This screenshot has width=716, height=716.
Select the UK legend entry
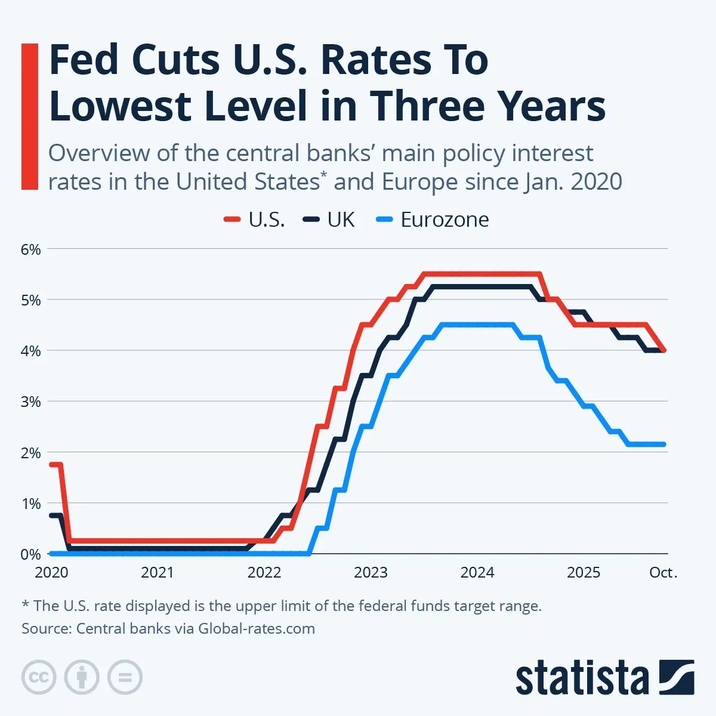[329, 220]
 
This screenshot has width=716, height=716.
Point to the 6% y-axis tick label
[30, 249]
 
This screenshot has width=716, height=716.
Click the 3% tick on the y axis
[30, 402]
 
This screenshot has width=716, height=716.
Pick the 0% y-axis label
[30, 554]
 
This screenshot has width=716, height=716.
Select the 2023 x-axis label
[371, 573]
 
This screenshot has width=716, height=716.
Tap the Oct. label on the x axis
[663, 573]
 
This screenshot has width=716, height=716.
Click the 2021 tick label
[157, 573]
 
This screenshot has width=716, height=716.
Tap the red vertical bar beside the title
[29, 116]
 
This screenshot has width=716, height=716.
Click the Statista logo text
[582, 679]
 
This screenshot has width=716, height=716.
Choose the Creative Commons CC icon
[39, 677]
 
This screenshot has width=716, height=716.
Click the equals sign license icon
[125, 677]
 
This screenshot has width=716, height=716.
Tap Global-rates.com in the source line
[257, 628]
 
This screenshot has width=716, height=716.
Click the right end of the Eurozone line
[663, 444]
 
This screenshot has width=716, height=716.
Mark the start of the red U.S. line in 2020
[52, 464]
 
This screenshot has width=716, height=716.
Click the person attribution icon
[82, 677]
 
